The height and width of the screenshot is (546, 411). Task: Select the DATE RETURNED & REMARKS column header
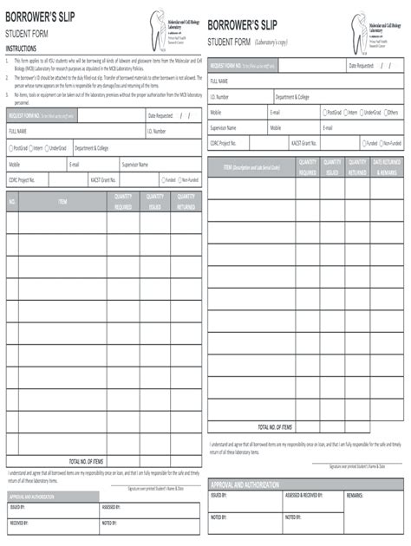click(x=386, y=167)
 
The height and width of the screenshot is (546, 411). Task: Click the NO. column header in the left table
click(x=12, y=202)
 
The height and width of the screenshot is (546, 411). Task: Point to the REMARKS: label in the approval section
click(x=355, y=495)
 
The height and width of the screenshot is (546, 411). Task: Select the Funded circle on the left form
click(x=161, y=180)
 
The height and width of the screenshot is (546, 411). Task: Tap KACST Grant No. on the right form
click(x=304, y=143)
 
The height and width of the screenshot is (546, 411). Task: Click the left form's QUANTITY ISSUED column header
click(x=155, y=202)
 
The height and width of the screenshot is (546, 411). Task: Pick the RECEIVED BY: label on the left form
click(x=19, y=523)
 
